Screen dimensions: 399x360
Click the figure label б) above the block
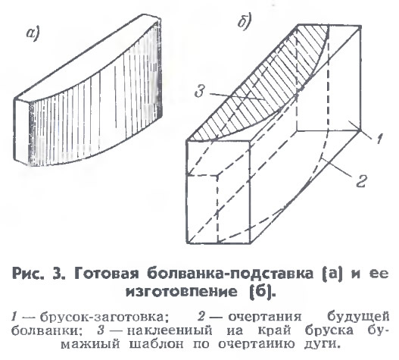[245, 22]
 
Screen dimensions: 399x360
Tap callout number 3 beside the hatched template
[199, 91]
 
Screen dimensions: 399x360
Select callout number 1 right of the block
[379, 139]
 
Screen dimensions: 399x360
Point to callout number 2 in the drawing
[361, 181]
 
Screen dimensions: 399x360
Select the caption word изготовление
[182, 292]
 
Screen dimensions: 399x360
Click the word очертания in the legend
[265, 317]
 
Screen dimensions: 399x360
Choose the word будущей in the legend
[358, 317]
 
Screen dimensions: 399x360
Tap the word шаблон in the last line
[156, 344]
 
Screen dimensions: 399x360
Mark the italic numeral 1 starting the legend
[14, 317]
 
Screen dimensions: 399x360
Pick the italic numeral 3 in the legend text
[101, 330]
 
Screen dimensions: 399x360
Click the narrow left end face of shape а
[22, 130]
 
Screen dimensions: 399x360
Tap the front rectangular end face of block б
[219, 192]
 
